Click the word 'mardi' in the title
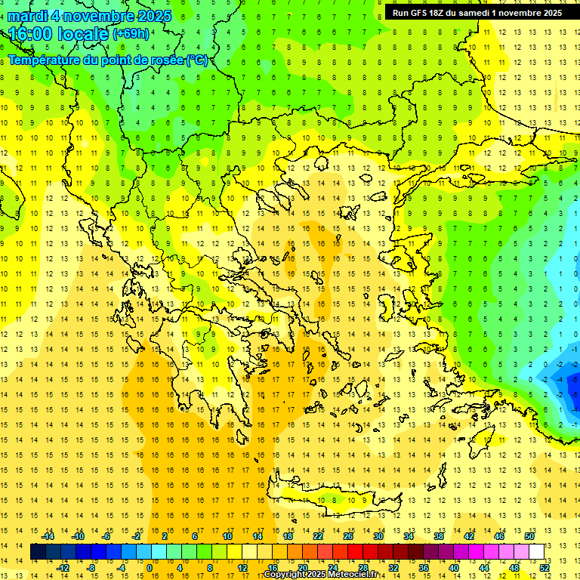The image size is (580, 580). click(26, 16)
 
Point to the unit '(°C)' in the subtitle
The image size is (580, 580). click(196, 60)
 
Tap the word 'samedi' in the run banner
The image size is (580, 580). click(473, 13)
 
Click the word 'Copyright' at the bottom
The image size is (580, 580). click(283, 575)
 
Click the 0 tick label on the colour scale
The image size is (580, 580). click(149, 567)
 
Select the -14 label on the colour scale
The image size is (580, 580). click(48, 536)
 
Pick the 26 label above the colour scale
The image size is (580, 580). click(348, 536)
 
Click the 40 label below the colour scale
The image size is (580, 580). click(453, 567)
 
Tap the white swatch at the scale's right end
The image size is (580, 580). click(536, 552)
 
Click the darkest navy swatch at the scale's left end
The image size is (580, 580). click(38, 552)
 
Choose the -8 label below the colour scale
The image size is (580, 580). click(91, 567)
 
